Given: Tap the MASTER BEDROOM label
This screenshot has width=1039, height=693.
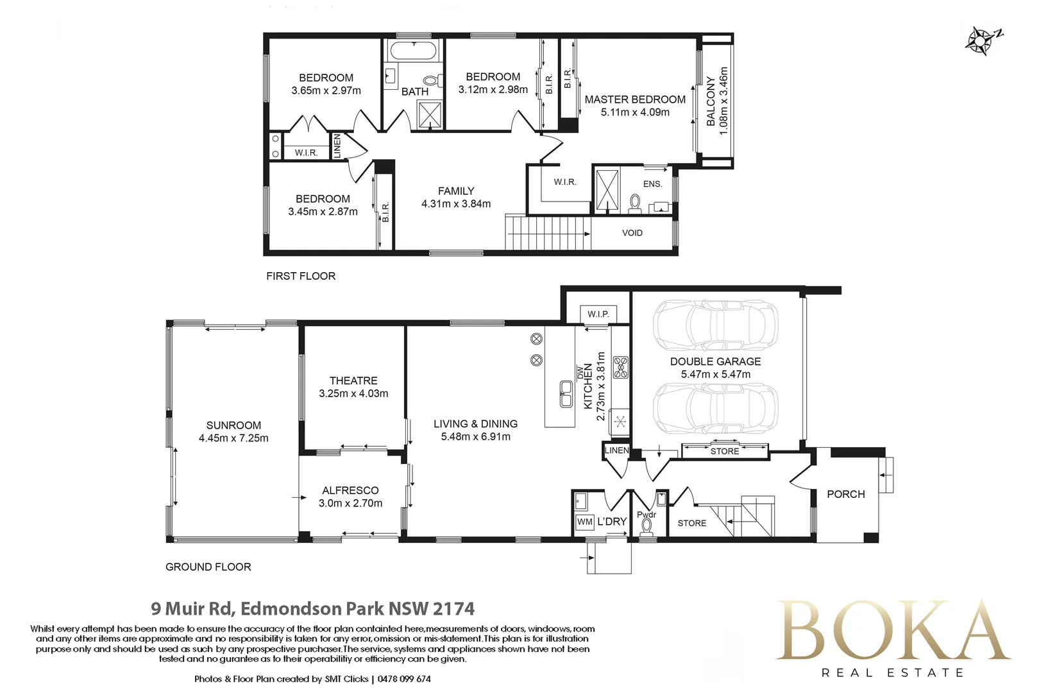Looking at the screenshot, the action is point(635,99).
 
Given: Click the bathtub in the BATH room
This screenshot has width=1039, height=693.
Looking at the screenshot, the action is point(413,51).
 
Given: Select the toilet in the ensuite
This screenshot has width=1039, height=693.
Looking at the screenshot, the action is point(634,204).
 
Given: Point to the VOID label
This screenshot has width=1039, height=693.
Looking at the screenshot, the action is point(632,233).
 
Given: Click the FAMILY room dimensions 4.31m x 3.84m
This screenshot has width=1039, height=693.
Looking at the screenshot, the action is point(456,204).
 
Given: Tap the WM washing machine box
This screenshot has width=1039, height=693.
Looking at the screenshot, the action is point(584,522).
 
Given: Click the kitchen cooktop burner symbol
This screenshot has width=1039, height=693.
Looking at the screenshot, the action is point(621,367).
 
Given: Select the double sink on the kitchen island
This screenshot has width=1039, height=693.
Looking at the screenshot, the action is point(566,394).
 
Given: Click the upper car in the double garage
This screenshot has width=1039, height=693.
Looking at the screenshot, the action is point(715,325).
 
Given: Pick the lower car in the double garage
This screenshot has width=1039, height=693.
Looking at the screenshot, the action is point(715,409).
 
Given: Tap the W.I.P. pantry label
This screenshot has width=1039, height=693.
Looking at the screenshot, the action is point(598,314).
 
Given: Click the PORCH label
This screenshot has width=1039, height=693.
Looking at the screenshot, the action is point(846,494).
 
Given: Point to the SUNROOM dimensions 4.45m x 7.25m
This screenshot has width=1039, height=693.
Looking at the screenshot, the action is point(233,438).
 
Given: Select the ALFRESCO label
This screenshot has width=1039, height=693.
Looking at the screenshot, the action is point(350,491).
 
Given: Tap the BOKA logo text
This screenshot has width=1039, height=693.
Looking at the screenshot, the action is point(892,631).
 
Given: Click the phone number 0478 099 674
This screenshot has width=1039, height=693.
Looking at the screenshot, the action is point(404,679).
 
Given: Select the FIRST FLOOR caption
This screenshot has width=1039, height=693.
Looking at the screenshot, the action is point(301,276).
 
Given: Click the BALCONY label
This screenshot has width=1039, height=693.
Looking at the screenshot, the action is point(711,101).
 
